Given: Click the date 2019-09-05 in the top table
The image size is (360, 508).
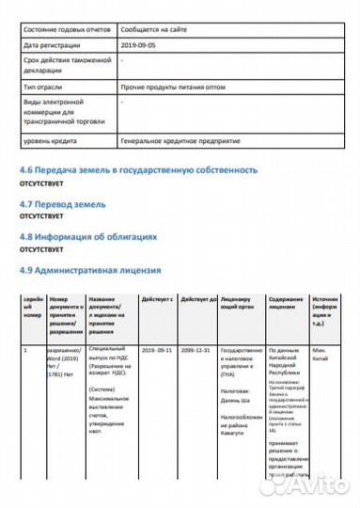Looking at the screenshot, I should tap(140, 44).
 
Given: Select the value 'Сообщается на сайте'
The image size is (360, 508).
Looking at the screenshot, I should tap(154, 30).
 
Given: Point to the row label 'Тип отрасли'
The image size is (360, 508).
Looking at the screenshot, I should tap(42, 86).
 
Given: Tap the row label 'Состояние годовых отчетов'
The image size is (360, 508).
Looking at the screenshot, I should tap(64, 30).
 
